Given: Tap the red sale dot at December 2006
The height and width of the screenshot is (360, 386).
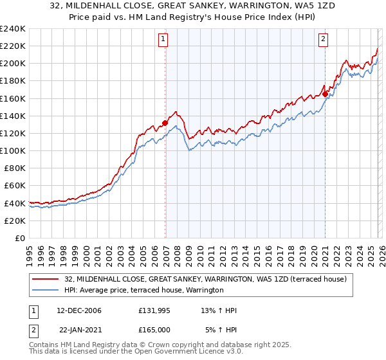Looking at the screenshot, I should point(165,123).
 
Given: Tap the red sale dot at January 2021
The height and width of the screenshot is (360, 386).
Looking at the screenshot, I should point(326,94).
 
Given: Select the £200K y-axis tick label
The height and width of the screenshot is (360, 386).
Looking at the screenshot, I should point(13,64).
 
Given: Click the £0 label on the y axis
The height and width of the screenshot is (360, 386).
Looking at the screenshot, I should point(21,238).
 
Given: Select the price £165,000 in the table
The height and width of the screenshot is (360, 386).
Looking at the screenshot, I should point(154,330).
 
